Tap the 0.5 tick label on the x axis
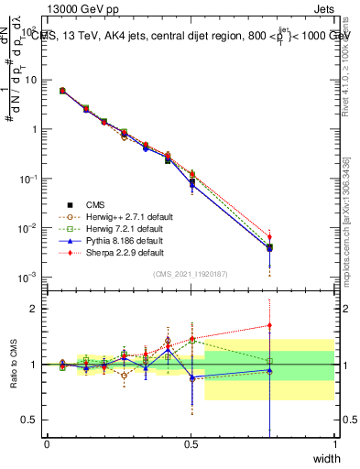click(191, 443)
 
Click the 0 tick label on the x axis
click(47, 443)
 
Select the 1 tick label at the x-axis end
click(335, 443)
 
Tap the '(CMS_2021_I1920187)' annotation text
click(191, 274)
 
